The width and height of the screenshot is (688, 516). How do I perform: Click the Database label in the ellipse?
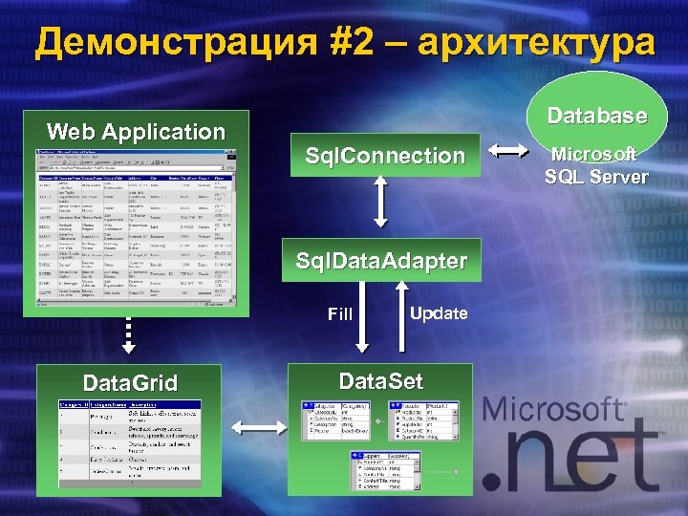click(x=596, y=116)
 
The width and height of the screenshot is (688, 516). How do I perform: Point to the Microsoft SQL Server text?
click(x=596, y=164)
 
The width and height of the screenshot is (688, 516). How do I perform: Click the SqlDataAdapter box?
click(x=381, y=261)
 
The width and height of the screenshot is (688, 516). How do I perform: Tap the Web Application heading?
click(x=136, y=132)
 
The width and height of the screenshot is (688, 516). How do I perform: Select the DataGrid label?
click(x=130, y=384)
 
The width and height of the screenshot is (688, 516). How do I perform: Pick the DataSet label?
click(x=380, y=382)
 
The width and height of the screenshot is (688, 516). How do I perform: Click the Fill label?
click(x=340, y=313)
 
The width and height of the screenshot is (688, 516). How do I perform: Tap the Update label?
click(x=439, y=313)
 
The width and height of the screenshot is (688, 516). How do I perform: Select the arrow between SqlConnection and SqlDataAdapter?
click(x=381, y=202)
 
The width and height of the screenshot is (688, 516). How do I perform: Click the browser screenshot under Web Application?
click(x=135, y=226)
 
